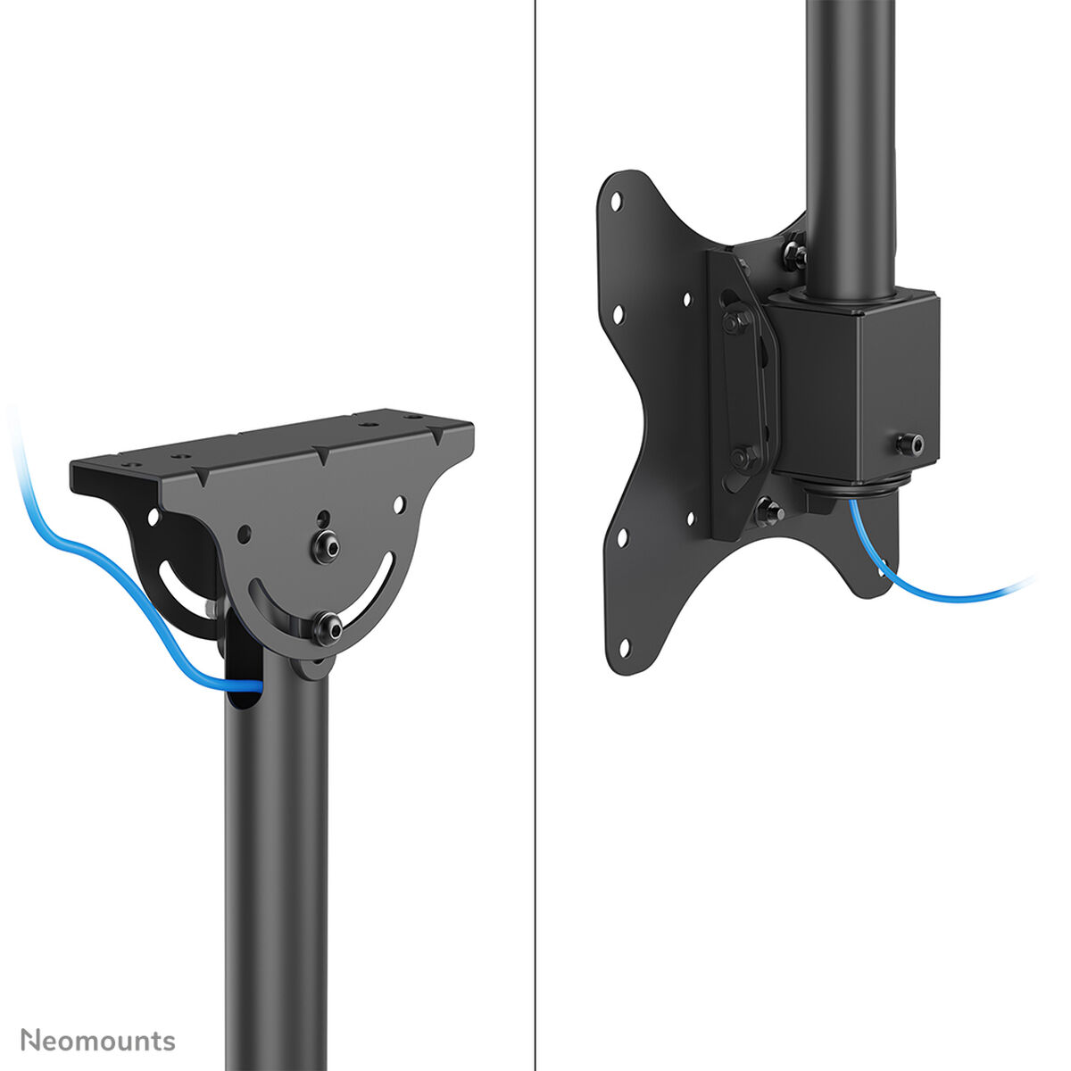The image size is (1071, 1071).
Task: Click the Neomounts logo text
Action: coord(98,1041)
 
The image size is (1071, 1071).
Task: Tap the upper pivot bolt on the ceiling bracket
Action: coord(327,547)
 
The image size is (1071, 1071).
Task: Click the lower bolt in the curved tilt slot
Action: coord(328,628)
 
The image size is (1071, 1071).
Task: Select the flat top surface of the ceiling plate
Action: coord(295,436)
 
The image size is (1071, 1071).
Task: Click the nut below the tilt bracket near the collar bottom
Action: coord(768,513)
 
